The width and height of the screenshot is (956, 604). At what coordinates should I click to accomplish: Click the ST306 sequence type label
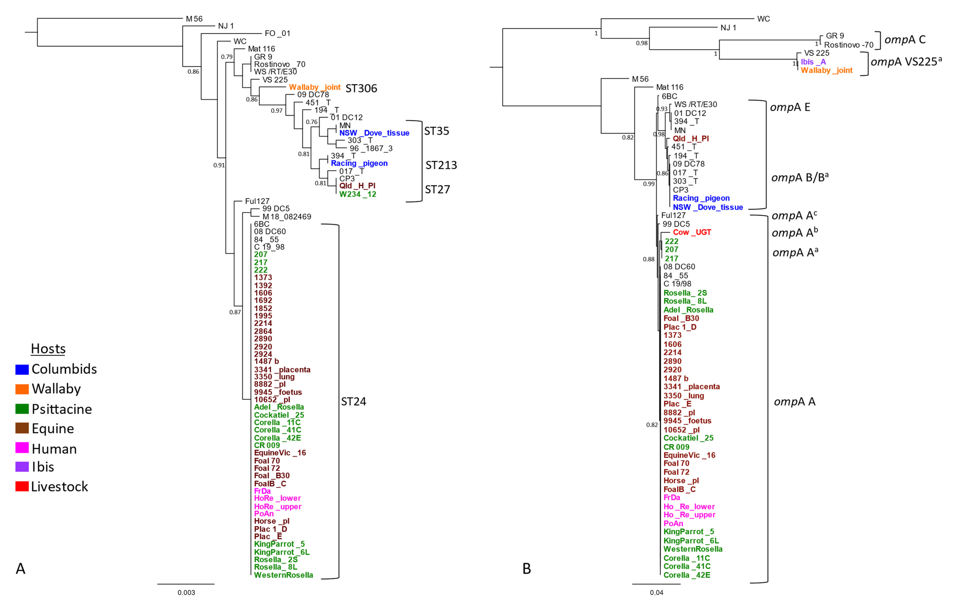click(x=361, y=88)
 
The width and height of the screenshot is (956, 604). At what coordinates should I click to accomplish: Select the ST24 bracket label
click(x=353, y=401)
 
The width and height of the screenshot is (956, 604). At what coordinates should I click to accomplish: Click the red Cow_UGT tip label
click(x=692, y=232)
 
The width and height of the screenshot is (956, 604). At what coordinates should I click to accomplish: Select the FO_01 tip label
click(x=278, y=33)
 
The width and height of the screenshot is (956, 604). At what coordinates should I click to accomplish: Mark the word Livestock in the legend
click(x=59, y=486)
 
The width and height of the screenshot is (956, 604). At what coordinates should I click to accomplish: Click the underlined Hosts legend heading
click(x=48, y=349)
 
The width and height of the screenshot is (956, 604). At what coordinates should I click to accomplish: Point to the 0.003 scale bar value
click(x=186, y=593)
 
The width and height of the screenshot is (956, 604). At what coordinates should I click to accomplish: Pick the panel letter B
click(x=526, y=569)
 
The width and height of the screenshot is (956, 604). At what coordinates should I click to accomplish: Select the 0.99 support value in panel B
click(x=649, y=184)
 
